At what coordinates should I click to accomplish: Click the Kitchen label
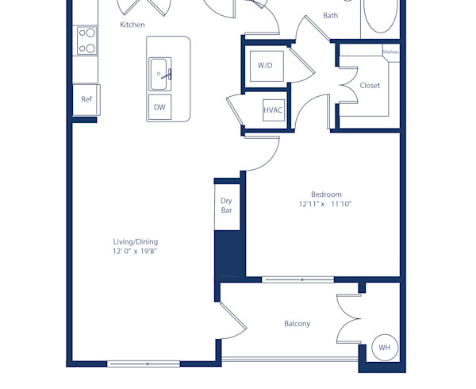pyautogui.click(x=132, y=25)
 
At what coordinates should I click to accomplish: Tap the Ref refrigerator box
pyautogui.click(x=86, y=99)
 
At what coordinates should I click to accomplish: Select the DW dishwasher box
pyautogui.click(x=159, y=107)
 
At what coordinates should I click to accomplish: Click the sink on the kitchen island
pyautogui.click(x=159, y=74)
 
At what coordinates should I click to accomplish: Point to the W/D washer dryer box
pyautogui.click(x=265, y=65)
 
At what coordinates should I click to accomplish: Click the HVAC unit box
pyautogui.click(x=273, y=110)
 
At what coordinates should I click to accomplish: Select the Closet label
pyautogui.click(x=370, y=85)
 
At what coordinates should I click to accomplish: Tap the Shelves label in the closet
pyautogui.click(x=390, y=52)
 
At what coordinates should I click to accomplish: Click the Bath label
pyautogui.click(x=331, y=15)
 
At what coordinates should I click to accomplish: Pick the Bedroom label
pyautogui.click(x=326, y=194)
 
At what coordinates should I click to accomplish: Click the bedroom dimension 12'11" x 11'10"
pyautogui.click(x=325, y=204)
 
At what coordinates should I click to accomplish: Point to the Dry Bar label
pyautogui.click(x=226, y=206)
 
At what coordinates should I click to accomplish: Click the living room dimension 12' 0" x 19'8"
pyautogui.click(x=139, y=251)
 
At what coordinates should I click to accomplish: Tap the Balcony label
pyautogui.click(x=297, y=323)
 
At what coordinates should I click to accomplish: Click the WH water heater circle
pyautogui.click(x=385, y=348)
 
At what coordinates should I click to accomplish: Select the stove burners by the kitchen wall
pyautogui.click(x=86, y=40)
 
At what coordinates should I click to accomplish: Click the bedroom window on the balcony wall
pyautogui.click(x=298, y=279)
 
